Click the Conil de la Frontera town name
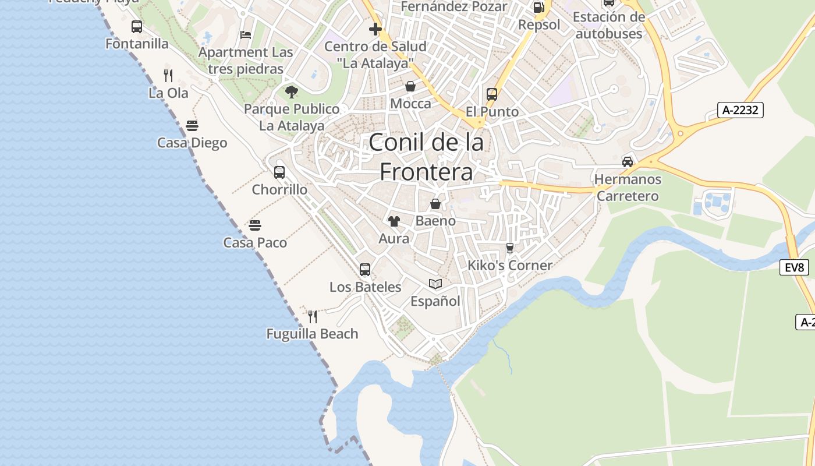(426, 157)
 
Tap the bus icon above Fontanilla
(137, 27)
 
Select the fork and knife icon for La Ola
(168, 75)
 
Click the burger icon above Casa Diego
(192, 126)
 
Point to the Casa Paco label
(255, 242)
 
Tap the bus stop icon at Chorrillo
(279, 172)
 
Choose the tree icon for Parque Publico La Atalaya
(291, 91)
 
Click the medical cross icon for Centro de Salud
(375, 29)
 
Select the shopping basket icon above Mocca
(410, 87)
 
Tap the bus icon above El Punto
(492, 94)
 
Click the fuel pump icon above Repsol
(539, 8)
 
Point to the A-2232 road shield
(740, 110)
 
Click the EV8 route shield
(794, 267)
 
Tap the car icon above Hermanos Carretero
(628, 161)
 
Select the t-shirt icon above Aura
(394, 221)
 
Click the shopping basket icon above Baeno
(435, 204)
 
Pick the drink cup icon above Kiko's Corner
(510, 248)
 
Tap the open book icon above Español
(435, 284)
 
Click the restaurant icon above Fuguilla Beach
(313, 317)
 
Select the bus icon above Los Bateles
(365, 270)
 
